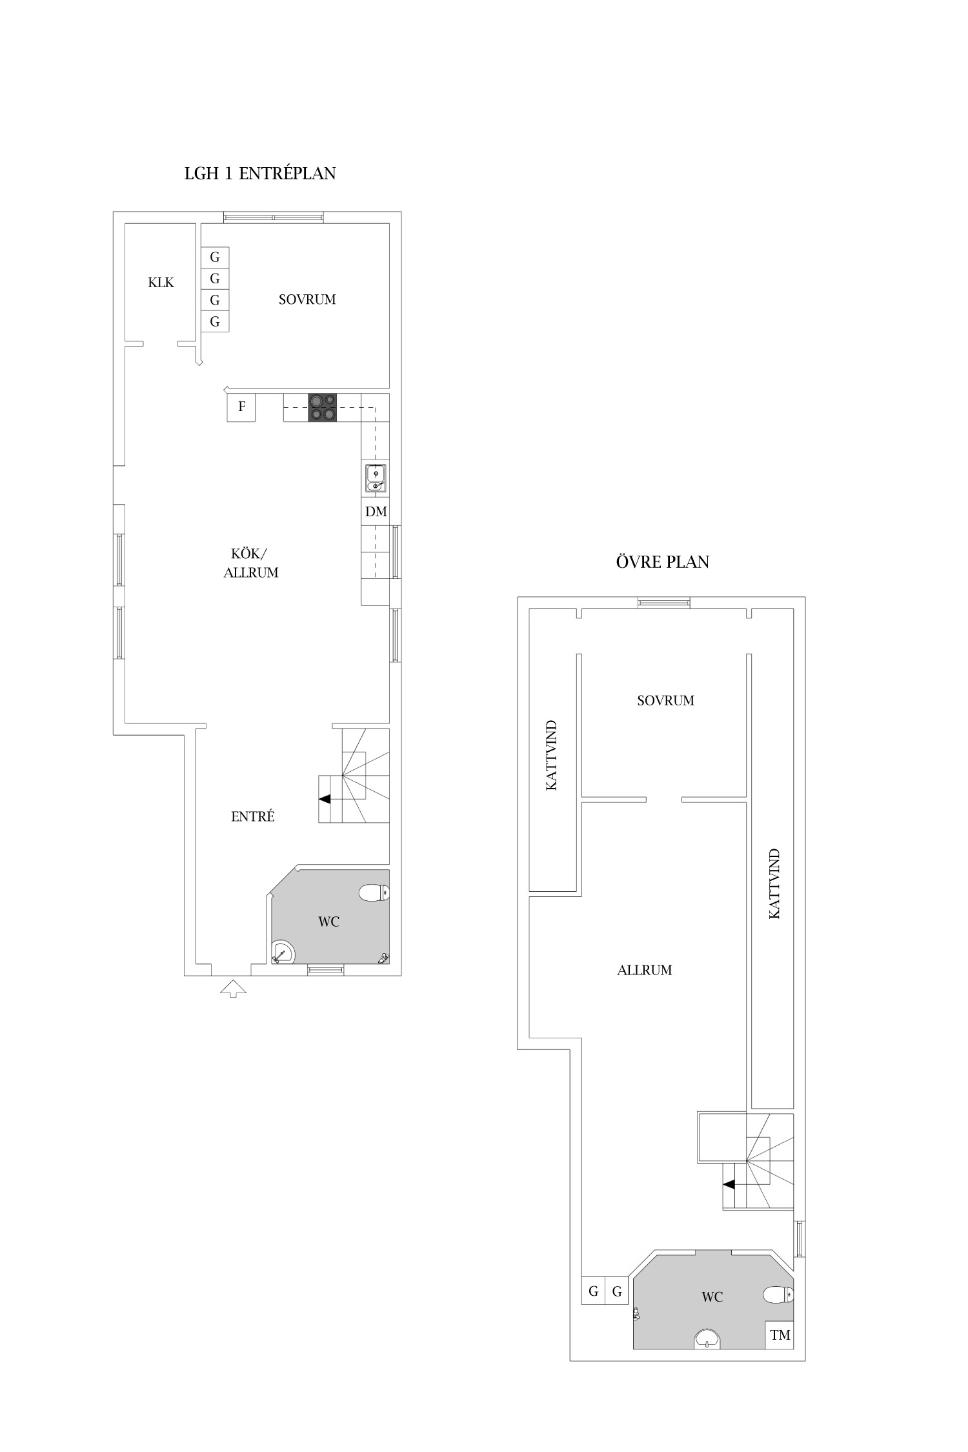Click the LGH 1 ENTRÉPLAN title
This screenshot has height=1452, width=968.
(260, 174)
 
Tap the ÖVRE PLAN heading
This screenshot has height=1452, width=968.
(663, 561)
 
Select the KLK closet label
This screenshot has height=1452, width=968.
(161, 282)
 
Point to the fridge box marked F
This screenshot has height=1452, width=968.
(241, 407)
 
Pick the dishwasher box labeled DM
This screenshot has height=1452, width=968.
(376, 512)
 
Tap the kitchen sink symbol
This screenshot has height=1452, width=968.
(376, 478)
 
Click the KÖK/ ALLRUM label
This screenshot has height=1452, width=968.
(251, 563)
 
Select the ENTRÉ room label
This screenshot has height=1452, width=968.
(253, 816)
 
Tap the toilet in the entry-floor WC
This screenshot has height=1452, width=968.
(374, 893)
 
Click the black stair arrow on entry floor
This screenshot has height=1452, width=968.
(325, 799)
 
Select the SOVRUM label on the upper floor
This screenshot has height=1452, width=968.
(665, 700)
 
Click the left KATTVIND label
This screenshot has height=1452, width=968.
(551, 756)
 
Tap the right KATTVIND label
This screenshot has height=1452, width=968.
(774, 883)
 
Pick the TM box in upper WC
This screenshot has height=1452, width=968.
(780, 1335)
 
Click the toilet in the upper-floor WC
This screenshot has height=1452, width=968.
(778, 1295)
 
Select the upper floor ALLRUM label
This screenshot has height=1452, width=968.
(645, 970)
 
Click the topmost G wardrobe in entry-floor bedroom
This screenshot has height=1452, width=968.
(215, 257)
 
